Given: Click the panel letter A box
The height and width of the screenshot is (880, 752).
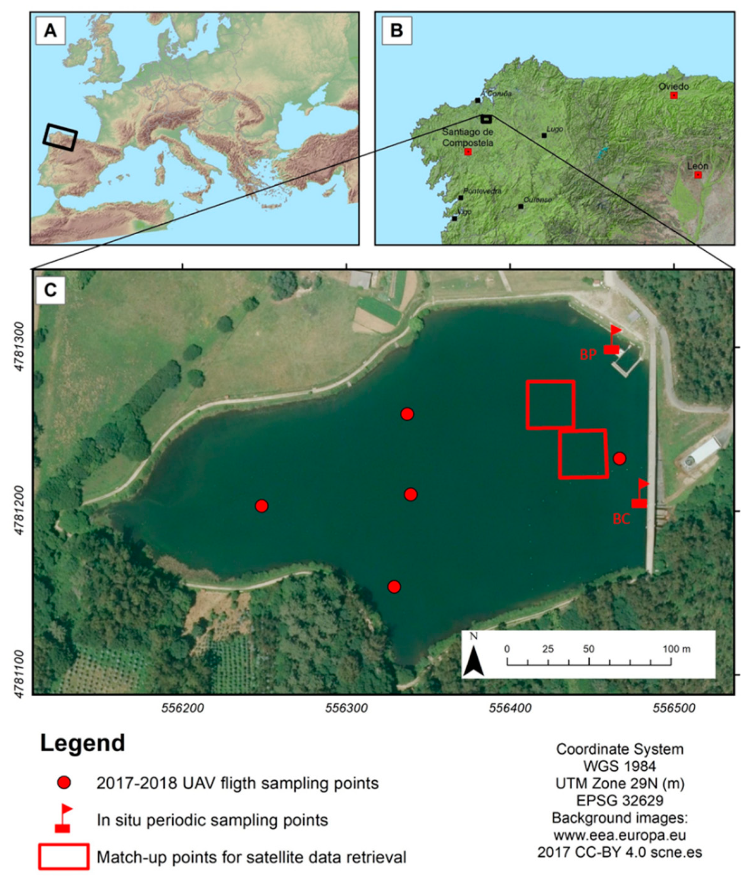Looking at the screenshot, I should [50, 30].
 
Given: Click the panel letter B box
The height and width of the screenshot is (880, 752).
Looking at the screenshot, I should [396, 30].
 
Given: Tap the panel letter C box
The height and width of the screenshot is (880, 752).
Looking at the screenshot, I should [50, 290].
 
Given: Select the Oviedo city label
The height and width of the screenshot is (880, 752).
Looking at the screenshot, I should [673, 87].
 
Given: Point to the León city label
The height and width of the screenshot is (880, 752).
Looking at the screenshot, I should [698, 166].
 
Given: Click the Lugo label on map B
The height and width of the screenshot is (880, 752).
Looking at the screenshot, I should [554, 129].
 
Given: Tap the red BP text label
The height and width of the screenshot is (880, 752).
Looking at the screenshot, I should [588, 354].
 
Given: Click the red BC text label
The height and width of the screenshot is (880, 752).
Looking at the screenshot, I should [621, 519].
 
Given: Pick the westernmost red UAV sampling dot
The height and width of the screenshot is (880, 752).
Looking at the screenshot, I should [262, 506].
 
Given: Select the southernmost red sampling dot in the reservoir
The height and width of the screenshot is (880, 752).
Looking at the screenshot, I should [394, 587].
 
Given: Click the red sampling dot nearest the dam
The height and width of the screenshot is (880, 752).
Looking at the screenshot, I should [620, 458].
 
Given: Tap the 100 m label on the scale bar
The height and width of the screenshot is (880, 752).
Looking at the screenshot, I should [676, 649].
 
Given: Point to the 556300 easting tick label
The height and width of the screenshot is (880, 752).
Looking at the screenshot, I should [347, 708].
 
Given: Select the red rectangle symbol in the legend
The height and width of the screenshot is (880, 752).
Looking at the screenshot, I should [64, 857].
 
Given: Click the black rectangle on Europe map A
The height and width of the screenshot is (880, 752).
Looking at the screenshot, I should [60, 137].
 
